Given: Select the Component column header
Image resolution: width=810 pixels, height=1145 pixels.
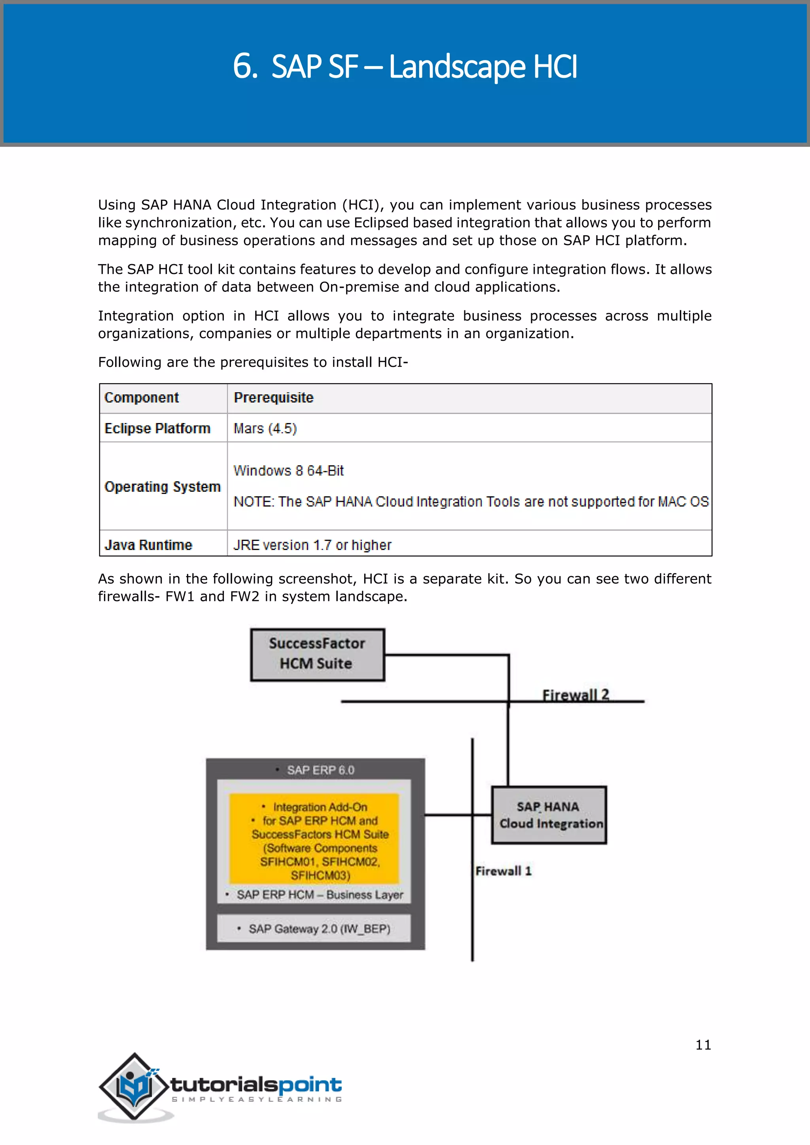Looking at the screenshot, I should (x=142, y=398).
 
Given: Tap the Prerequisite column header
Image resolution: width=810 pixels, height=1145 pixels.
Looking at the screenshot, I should (x=273, y=398).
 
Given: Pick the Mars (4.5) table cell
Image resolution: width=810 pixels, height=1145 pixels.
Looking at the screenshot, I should (x=265, y=429).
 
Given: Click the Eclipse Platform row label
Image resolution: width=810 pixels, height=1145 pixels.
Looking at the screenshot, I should (x=157, y=429).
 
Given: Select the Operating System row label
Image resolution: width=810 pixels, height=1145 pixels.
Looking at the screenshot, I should (x=162, y=487).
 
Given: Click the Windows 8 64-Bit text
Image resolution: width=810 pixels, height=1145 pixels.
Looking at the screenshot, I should (x=288, y=471).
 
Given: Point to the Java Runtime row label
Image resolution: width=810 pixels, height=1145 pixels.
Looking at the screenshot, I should (x=148, y=545).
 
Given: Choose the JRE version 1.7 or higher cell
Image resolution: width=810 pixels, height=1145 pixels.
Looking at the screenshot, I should (x=312, y=545).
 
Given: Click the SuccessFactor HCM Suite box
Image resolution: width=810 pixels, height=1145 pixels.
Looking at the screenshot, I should (x=317, y=654).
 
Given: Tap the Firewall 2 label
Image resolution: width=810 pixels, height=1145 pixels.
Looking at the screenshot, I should (x=575, y=695).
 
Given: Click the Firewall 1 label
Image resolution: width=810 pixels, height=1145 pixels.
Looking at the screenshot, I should (x=503, y=871).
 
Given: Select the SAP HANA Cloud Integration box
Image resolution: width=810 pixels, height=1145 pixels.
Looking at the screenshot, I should (x=549, y=815).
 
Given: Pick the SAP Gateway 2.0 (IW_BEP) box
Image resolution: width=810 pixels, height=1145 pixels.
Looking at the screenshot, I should (x=314, y=929).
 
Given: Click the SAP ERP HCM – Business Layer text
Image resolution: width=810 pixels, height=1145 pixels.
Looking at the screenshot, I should (x=319, y=895).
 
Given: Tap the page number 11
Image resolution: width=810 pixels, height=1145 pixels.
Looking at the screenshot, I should (x=703, y=1045).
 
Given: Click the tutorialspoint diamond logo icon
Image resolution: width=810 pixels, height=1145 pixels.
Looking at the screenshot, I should (x=133, y=1087).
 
